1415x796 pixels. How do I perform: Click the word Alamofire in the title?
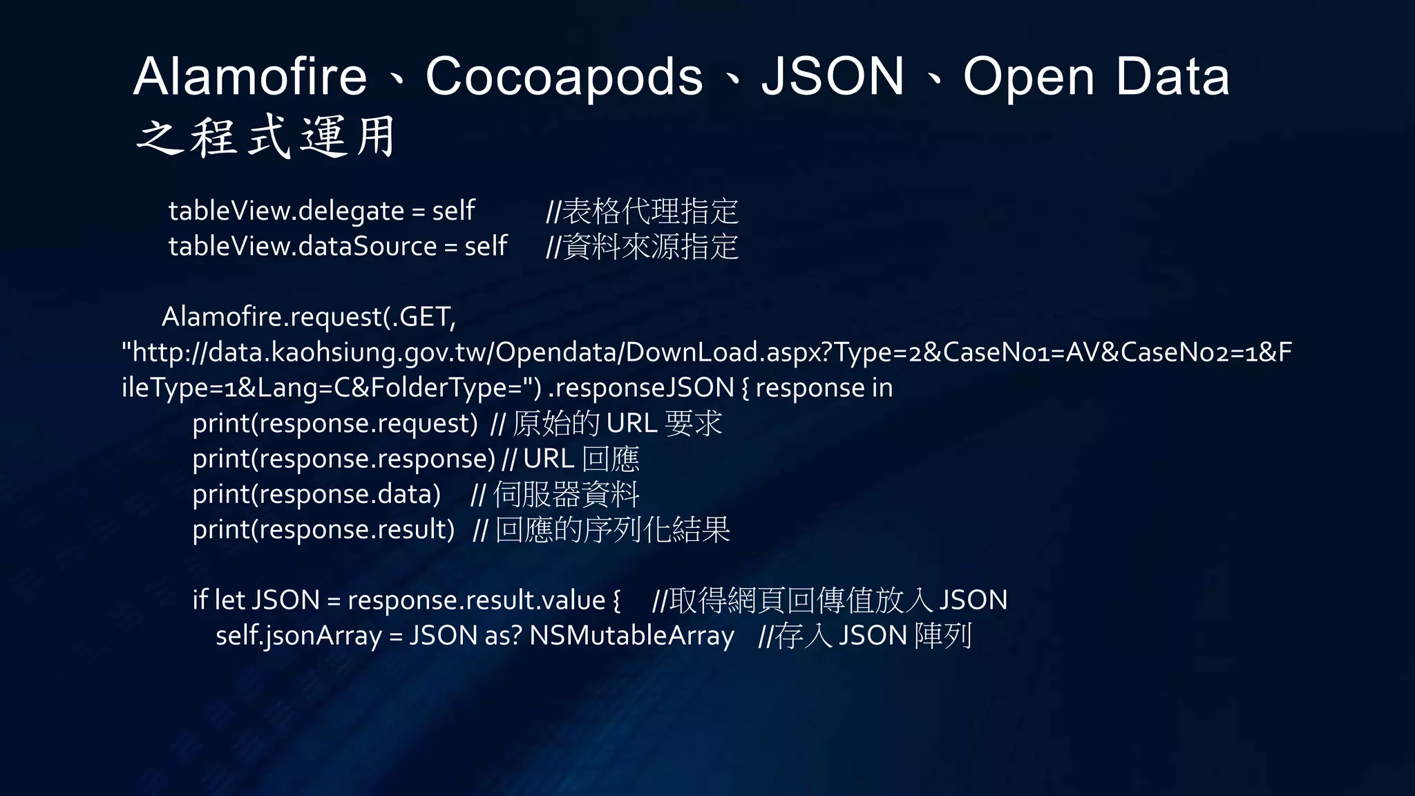coord(250,76)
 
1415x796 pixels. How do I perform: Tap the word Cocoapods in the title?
coord(564,76)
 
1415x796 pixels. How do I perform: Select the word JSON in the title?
coord(833,76)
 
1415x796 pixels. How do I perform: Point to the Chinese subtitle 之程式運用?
coord(267,137)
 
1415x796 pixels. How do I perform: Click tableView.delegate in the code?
coord(286,211)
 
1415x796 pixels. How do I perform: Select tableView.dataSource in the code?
coord(303,246)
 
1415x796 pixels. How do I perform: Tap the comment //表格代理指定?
coord(643,211)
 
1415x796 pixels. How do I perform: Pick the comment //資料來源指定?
coord(643,247)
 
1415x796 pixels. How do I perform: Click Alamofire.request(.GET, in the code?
coord(309,317)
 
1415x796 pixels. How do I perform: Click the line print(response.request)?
coord(335,424)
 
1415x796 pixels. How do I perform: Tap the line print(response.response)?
coord(344,459)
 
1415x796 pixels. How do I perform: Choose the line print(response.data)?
coord(316,494)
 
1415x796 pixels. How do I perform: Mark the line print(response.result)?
coord(323,529)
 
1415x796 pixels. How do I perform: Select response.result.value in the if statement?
coord(476,600)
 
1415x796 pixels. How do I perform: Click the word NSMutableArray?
coord(631,636)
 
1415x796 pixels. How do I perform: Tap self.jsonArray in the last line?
coord(298,636)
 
